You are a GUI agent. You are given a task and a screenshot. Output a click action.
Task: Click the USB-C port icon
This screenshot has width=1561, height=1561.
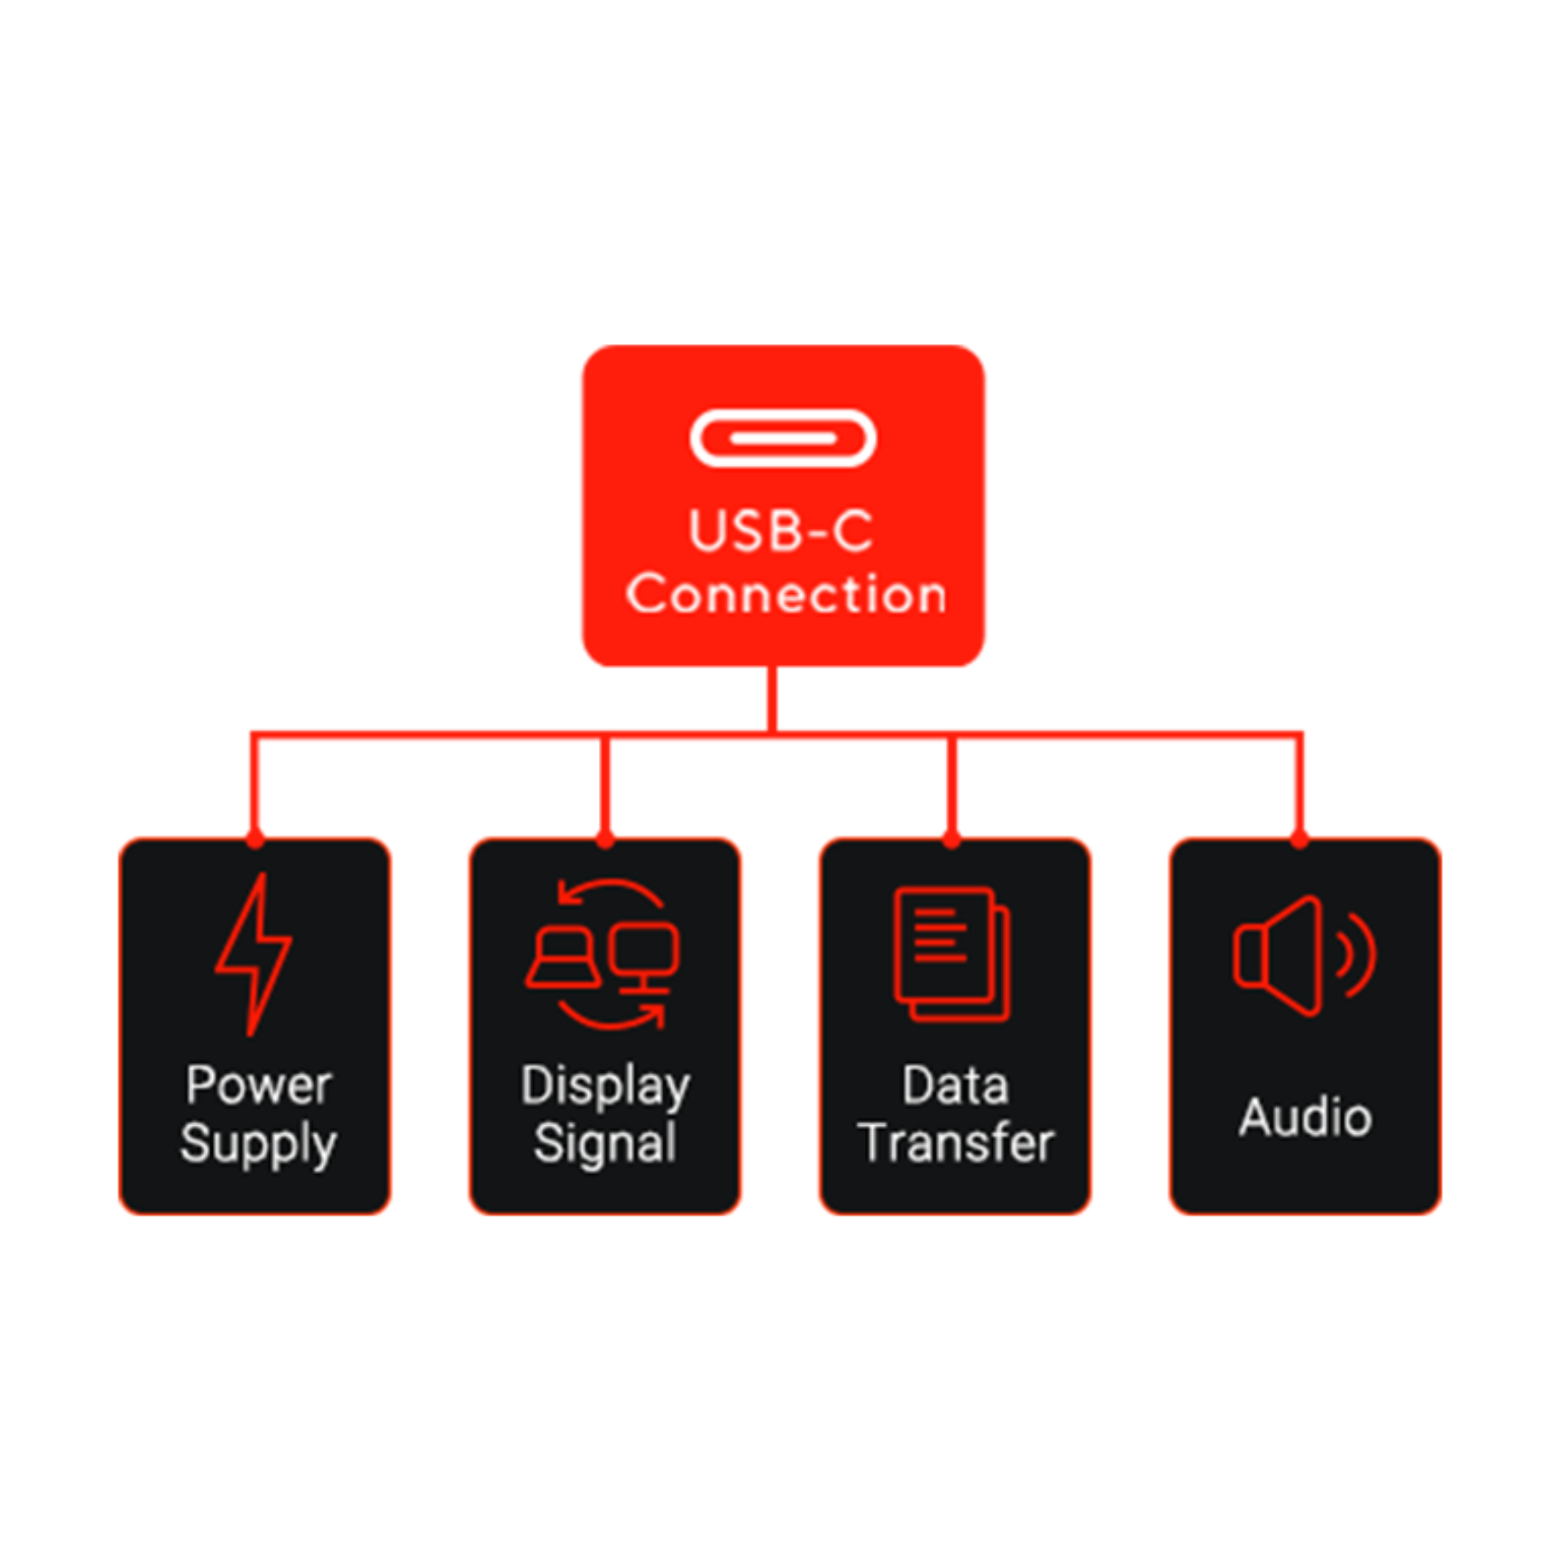(x=782, y=439)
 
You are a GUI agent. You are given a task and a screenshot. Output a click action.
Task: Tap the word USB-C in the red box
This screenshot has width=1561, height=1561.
(x=780, y=531)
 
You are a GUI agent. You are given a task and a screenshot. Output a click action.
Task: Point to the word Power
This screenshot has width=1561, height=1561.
(x=259, y=1085)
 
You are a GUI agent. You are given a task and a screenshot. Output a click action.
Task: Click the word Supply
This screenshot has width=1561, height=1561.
(x=259, y=1144)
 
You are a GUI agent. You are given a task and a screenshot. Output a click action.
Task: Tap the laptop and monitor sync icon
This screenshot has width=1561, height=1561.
(x=604, y=954)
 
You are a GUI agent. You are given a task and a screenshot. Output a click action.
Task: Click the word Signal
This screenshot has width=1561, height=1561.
(x=605, y=1143)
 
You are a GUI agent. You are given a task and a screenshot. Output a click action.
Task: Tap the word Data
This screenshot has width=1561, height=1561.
(x=955, y=1085)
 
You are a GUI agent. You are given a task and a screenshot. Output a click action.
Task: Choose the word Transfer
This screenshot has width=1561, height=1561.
(x=956, y=1143)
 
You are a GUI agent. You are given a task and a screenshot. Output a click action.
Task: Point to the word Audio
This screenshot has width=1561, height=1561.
(x=1306, y=1118)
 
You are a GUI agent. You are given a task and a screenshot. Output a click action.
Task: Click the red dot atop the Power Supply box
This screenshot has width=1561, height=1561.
(x=255, y=840)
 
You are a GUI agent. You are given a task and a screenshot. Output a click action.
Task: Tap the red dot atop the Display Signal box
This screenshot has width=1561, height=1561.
(x=605, y=840)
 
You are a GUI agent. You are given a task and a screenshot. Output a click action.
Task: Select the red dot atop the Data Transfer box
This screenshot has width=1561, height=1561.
(x=952, y=840)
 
